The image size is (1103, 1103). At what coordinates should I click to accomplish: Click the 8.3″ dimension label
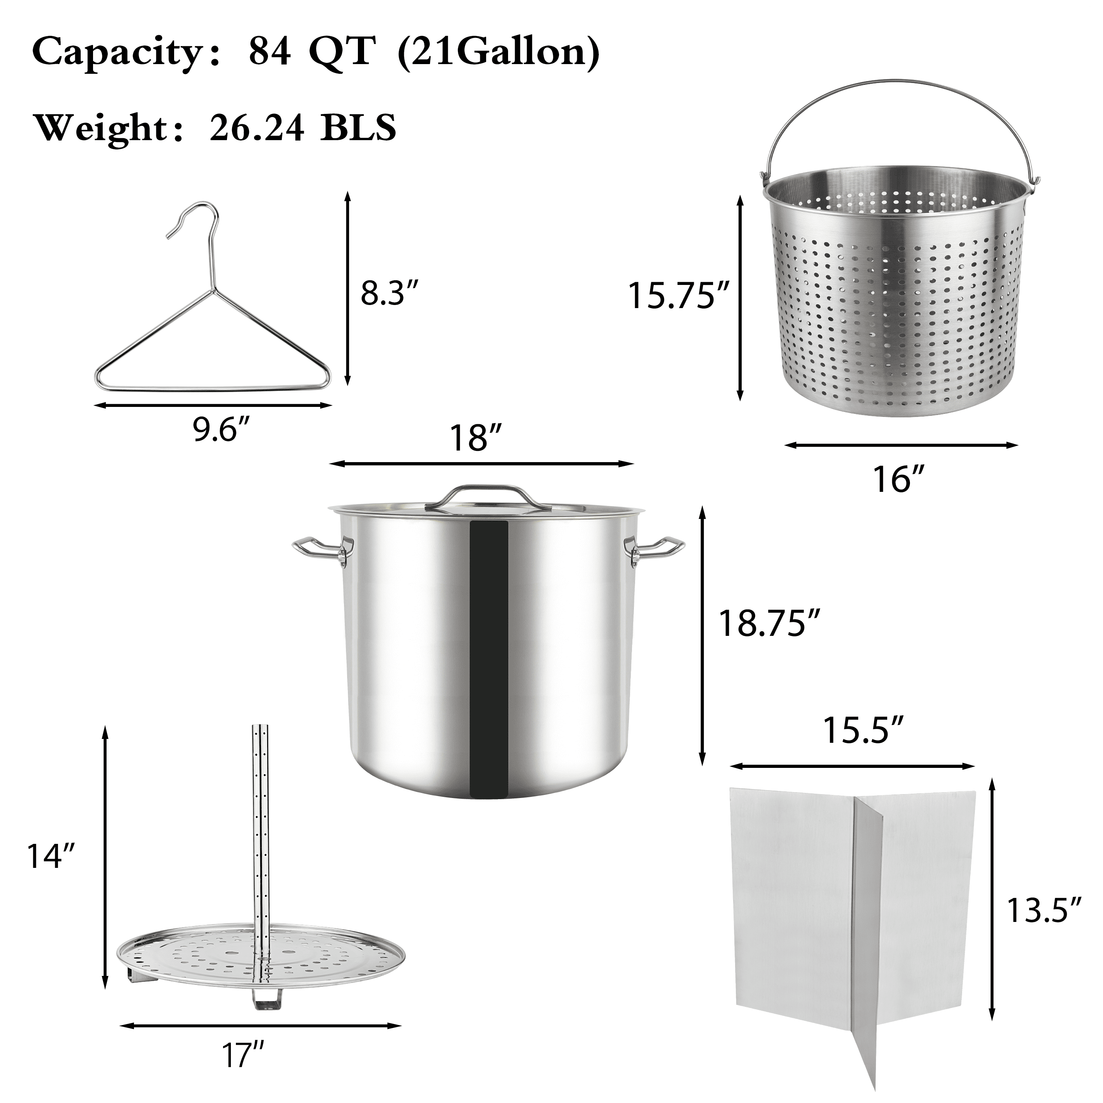(x=390, y=293)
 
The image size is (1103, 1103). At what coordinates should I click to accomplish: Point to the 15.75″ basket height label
(x=679, y=295)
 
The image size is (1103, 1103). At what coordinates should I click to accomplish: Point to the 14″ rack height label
(x=51, y=856)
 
